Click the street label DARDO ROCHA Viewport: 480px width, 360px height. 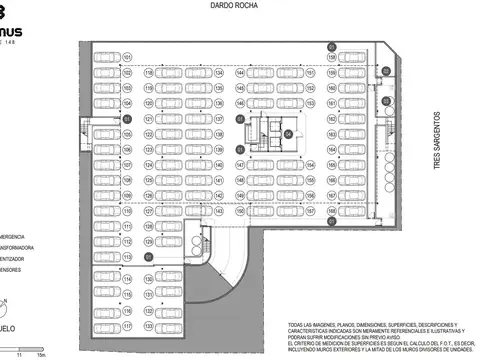click(236, 8)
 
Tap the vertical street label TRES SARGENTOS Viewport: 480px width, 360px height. click(438, 139)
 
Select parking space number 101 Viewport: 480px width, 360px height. click(127, 58)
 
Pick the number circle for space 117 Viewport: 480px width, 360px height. click(127, 326)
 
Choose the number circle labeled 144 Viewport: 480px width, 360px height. click(240, 73)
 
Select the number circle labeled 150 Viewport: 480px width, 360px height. click(240, 165)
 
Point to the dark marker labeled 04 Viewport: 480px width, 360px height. click(288, 133)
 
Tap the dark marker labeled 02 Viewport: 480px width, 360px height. click(385, 71)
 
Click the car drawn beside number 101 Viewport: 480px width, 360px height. click(105, 58)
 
